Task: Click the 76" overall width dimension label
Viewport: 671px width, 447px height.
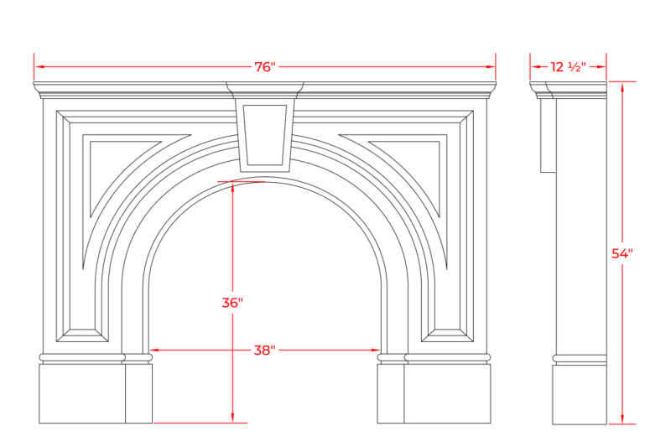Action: pos(265,67)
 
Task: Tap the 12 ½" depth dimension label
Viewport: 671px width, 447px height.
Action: pos(568,67)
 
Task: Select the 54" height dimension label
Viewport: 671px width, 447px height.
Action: pos(622,253)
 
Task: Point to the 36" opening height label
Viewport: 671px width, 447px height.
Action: pos(232,303)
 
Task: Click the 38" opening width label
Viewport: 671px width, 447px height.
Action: pos(264,351)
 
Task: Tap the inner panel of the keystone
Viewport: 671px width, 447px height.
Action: pos(265,135)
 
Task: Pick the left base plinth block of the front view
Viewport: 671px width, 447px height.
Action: pos(96,393)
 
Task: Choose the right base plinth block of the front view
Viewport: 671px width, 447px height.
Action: pos(434,393)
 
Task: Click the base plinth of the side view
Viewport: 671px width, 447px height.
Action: pos(580,394)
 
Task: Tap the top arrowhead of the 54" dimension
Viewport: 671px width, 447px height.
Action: pos(622,87)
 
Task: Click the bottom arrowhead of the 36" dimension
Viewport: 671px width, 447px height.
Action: pos(232,418)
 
